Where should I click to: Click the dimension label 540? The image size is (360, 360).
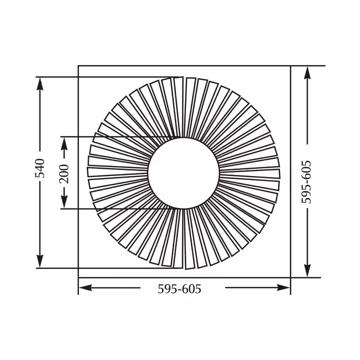tap(40, 168)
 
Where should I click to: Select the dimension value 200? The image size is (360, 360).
tap(64, 172)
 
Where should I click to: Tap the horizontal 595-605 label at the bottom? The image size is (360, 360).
tap(179, 289)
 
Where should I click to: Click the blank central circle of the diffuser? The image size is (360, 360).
tap(183, 172)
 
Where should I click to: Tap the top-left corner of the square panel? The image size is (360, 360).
tap(78, 65)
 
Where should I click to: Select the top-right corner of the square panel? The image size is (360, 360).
tap(290, 65)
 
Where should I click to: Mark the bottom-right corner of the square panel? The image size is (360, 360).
tap(290, 277)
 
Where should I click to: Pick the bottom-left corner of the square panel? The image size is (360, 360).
tap(78, 277)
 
